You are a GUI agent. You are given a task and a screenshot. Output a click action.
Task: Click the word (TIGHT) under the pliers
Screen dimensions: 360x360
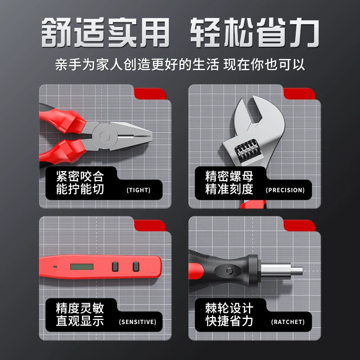[x=139, y=190]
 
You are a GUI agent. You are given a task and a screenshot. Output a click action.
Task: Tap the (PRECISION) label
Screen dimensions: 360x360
[x=285, y=190]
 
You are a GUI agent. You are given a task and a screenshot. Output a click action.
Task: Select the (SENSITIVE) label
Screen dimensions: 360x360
[x=138, y=322]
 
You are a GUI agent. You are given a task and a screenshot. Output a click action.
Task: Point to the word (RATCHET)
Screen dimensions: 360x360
[x=288, y=322]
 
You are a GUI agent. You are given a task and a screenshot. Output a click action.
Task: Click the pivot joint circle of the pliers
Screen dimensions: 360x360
[x=105, y=136]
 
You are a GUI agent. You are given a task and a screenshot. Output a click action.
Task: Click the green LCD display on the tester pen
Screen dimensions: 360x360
[x=82, y=266]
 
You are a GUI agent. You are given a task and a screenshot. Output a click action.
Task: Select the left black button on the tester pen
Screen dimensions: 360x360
[x=115, y=267]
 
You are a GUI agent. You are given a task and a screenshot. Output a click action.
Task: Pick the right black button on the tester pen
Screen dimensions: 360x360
[x=136, y=267]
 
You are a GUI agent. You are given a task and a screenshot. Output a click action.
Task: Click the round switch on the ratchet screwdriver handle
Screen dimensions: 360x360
[x=229, y=271]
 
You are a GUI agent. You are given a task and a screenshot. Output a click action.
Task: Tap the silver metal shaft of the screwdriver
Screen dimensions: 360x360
[x=281, y=271]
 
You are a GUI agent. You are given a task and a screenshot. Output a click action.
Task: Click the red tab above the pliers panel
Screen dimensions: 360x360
[x=150, y=94]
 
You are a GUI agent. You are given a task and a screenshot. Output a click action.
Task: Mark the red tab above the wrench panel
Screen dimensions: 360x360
[x=299, y=94]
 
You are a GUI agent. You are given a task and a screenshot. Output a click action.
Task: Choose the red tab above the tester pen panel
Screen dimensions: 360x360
[x=150, y=225]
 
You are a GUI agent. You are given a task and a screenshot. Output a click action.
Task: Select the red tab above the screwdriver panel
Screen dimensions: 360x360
[x=299, y=225]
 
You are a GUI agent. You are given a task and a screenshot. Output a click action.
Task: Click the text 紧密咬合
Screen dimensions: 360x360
[x=80, y=176]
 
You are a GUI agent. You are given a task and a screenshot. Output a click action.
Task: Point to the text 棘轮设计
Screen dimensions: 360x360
[x=229, y=308]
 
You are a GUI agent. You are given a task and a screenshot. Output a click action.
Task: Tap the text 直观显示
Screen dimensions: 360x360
[x=80, y=321]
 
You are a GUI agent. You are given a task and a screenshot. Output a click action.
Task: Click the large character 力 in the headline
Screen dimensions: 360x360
[x=305, y=32]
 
